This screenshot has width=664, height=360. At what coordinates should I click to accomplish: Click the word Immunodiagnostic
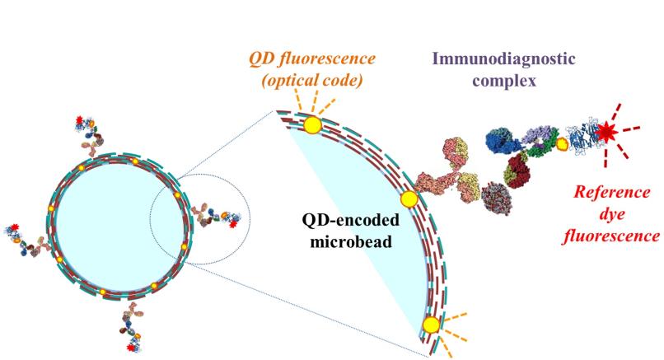tap(503, 58)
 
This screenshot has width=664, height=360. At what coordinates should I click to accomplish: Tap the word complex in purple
tap(504, 80)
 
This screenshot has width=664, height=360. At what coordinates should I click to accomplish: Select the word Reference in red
tap(612, 193)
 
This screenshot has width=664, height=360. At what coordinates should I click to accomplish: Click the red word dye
tap(612, 214)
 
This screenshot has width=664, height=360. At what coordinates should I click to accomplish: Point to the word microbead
tap(351, 241)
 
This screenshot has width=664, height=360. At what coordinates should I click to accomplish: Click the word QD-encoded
tap(351, 220)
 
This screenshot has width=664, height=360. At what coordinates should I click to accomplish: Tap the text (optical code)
tap(312, 80)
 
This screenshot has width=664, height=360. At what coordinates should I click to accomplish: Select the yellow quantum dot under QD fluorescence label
tap(313, 125)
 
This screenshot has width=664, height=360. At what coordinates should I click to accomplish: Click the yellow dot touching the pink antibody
tap(409, 199)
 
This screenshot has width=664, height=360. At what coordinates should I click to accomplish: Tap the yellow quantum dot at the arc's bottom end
tap(432, 325)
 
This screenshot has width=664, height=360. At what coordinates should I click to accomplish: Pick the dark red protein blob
tap(517, 172)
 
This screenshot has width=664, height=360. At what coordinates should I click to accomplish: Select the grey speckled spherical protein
tap(497, 198)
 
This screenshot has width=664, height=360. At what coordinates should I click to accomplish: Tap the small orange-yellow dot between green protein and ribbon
tap(562, 144)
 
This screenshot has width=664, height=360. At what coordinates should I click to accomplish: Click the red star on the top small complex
tap(79, 119)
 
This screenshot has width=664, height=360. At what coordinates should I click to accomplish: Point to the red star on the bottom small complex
tap(131, 348)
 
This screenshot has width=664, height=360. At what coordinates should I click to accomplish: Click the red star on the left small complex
tap(16, 227)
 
